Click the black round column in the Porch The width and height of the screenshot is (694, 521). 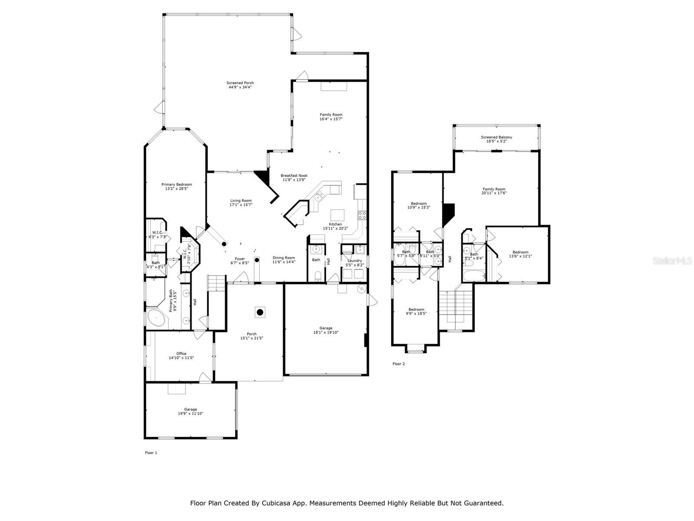(260, 312)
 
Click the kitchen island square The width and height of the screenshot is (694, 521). (337, 215)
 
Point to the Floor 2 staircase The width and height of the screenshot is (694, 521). (455, 306)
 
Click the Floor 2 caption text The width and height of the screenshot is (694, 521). (398, 364)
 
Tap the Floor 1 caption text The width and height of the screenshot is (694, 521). (151, 453)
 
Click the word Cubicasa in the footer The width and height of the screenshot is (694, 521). (276, 503)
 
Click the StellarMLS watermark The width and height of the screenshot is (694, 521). (672, 260)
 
